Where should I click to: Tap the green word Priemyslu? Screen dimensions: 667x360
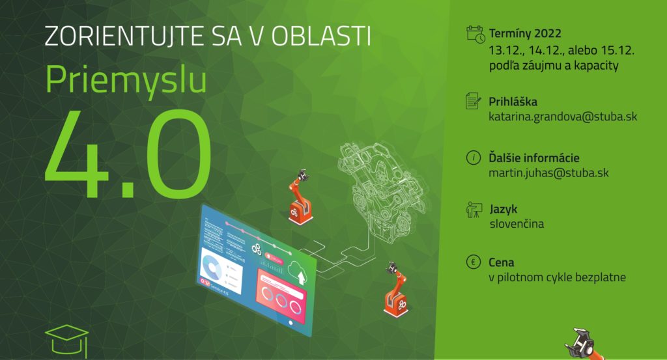click(x=126, y=79)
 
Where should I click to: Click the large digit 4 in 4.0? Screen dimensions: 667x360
click(x=77, y=153)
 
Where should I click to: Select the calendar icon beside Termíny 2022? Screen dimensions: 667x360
click(x=475, y=34)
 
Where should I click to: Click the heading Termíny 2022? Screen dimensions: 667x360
click(x=525, y=33)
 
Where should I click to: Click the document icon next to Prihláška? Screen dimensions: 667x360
click(x=474, y=101)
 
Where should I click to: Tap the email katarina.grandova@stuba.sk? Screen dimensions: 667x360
click(x=563, y=117)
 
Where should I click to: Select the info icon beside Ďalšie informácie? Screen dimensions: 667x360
click(x=474, y=158)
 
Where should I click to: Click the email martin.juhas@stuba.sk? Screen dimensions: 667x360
click(x=548, y=173)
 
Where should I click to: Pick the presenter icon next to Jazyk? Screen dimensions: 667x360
click(x=474, y=210)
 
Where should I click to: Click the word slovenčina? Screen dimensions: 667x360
click(x=517, y=223)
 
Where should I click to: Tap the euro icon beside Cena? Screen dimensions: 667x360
click(x=474, y=262)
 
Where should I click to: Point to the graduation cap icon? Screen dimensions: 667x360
click(x=67, y=340)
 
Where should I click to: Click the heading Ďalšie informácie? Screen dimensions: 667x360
click(x=534, y=158)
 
